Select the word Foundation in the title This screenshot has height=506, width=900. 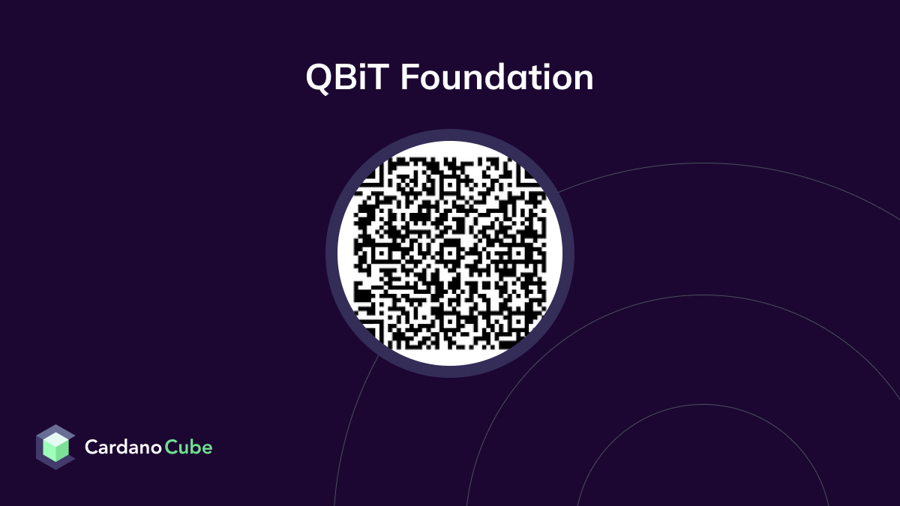coord(496,78)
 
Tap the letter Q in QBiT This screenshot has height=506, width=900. coord(319,79)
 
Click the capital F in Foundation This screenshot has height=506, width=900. coord(409,78)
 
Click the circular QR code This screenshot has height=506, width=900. coord(450,253)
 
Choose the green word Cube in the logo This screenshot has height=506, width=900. coord(189,448)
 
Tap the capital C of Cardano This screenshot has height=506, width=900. coord(91,448)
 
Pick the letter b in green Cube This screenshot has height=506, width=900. coord(193,447)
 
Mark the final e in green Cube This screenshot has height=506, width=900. coord(206,449)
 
